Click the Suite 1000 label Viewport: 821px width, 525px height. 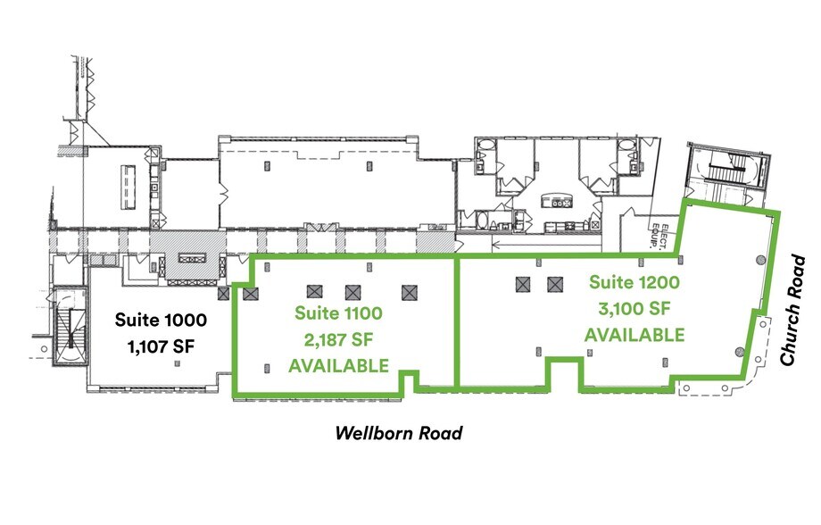161,319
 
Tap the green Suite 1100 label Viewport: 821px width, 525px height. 339,313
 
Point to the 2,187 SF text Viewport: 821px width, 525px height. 339,339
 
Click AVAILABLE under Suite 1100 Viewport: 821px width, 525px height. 339,365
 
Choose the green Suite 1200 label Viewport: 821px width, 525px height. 634,283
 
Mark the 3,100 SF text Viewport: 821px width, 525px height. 634,309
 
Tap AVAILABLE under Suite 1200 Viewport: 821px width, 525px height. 634,335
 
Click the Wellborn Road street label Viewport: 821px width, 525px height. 399,434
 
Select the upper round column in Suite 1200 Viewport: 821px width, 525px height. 761,260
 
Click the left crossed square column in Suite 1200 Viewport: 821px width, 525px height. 522,285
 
